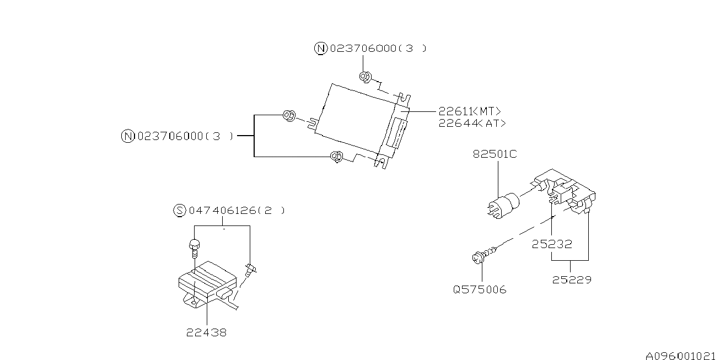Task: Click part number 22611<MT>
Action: click(470, 111)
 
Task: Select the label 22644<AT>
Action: click(472, 123)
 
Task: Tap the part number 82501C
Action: click(495, 154)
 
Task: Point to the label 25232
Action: click(552, 243)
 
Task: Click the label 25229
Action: click(572, 280)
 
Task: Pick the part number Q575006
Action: click(480, 289)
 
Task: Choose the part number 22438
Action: click(206, 333)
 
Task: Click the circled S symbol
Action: click(179, 210)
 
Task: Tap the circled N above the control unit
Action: click(320, 49)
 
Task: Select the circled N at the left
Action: click(127, 136)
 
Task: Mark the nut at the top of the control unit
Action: click(364, 77)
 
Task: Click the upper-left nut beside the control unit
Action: click(288, 115)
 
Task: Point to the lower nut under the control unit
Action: click(335, 157)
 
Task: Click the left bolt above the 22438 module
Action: click(194, 246)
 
